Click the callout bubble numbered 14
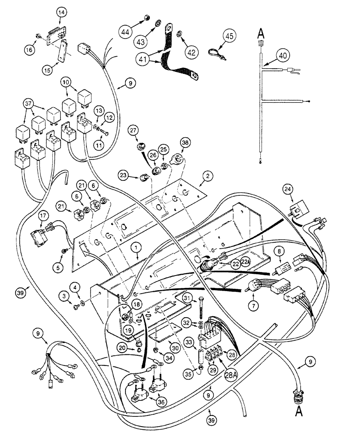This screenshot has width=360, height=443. click(x=61, y=14)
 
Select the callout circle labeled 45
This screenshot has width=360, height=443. click(x=230, y=36)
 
